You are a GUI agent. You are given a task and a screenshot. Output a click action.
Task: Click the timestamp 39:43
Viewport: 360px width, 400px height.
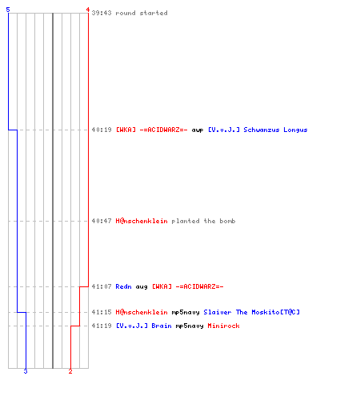pos(102,13)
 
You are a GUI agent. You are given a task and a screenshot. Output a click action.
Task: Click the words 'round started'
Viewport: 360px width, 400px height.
pos(142,13)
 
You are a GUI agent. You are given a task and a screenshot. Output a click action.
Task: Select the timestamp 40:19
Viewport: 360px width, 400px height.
pos(102,130)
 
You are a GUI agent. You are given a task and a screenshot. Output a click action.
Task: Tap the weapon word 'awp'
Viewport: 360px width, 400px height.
pos(198,130)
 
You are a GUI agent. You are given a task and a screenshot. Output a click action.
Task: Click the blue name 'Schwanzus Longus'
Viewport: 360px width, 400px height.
pos(275,130)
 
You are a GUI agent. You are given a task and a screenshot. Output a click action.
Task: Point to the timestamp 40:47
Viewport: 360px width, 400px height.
pos(102,221)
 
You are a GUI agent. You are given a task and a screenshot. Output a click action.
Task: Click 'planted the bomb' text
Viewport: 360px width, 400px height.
pos(203,221)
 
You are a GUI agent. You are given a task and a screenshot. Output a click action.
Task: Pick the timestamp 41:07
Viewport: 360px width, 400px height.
pos(102,286)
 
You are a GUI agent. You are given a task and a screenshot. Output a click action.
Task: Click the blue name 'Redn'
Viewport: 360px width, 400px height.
pos(123,286)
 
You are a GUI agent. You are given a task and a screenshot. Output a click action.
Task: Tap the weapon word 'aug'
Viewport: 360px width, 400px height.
pos(142,287)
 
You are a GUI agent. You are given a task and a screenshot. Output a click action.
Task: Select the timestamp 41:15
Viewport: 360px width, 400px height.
pos(102,312)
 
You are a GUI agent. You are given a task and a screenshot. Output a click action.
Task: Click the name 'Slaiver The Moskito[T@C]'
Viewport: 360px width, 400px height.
pos(252,312)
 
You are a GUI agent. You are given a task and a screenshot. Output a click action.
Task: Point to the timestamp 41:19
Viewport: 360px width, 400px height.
pos(102,326)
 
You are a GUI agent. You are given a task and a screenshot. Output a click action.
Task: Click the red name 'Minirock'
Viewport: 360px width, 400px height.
pos(223,326)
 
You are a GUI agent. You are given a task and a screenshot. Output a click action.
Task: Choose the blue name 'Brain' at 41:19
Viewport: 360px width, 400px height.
pos(162,326)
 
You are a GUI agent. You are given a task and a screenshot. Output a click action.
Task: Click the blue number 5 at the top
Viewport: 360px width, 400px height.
pos(8,10)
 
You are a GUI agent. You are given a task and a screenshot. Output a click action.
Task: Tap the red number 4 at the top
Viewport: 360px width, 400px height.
pos(88,10)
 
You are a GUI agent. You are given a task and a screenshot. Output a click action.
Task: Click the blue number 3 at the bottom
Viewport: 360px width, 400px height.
pos(26,371)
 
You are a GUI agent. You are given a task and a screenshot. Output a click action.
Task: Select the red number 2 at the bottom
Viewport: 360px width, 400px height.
pos(70,371)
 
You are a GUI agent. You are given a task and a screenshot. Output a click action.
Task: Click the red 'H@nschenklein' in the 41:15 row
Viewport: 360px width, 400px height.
pos(142,312)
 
